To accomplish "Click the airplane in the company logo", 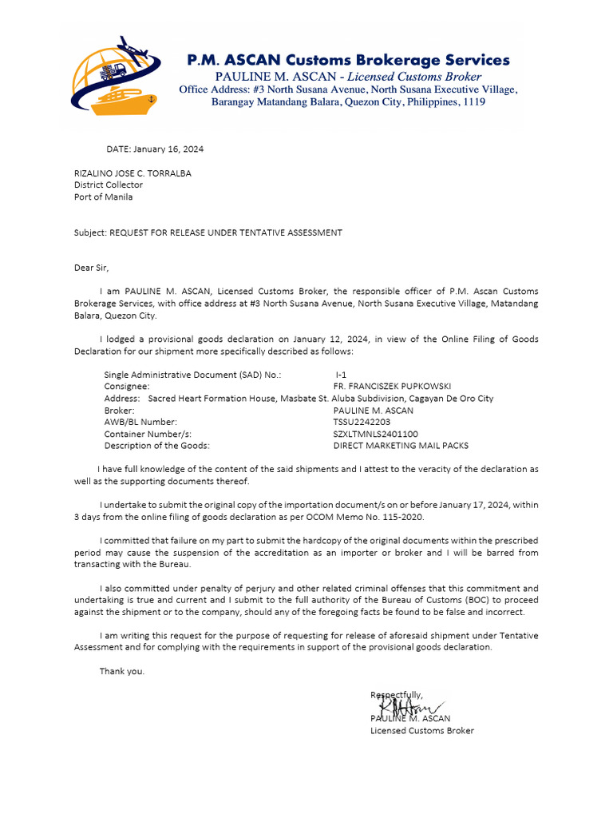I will point(132,49).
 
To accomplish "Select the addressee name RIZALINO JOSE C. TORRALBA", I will point(132,173).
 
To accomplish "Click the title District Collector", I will point(109,185).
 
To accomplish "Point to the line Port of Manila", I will point(104,197).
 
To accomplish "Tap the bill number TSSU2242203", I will point(362,422).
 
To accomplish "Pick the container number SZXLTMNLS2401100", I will point(375,434).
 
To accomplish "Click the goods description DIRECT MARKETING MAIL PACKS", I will point(401,446).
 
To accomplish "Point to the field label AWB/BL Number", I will point(140,422).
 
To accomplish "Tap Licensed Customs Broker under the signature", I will point(421,730).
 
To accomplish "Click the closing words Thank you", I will point(122,671).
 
